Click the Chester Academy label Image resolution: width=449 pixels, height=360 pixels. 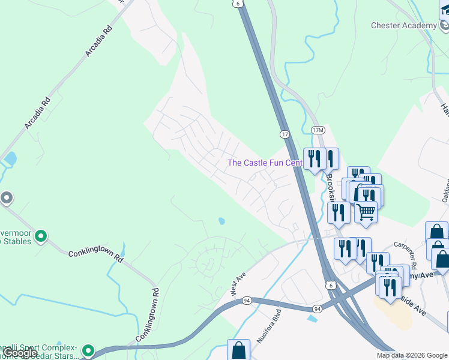coord(403,26)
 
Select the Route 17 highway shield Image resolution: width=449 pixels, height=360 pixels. coord(285,133)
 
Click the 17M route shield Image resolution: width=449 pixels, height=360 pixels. coord(318,130)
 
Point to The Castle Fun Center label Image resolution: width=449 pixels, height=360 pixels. coord(264,163)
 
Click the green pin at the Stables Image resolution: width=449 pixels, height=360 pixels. coord(41,236)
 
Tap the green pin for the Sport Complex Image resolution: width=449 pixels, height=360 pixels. coord(88,350)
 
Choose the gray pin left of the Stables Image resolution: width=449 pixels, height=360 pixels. coord(6,197)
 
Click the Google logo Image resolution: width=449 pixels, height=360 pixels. coord(20,353)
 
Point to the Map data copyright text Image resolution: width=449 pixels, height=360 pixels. coord(412,355)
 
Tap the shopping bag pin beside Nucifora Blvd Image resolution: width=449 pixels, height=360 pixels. coord(238,349)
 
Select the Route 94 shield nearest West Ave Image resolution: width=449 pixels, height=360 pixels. coord(247,299)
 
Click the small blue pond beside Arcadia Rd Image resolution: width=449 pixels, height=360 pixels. coord(10,159)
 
